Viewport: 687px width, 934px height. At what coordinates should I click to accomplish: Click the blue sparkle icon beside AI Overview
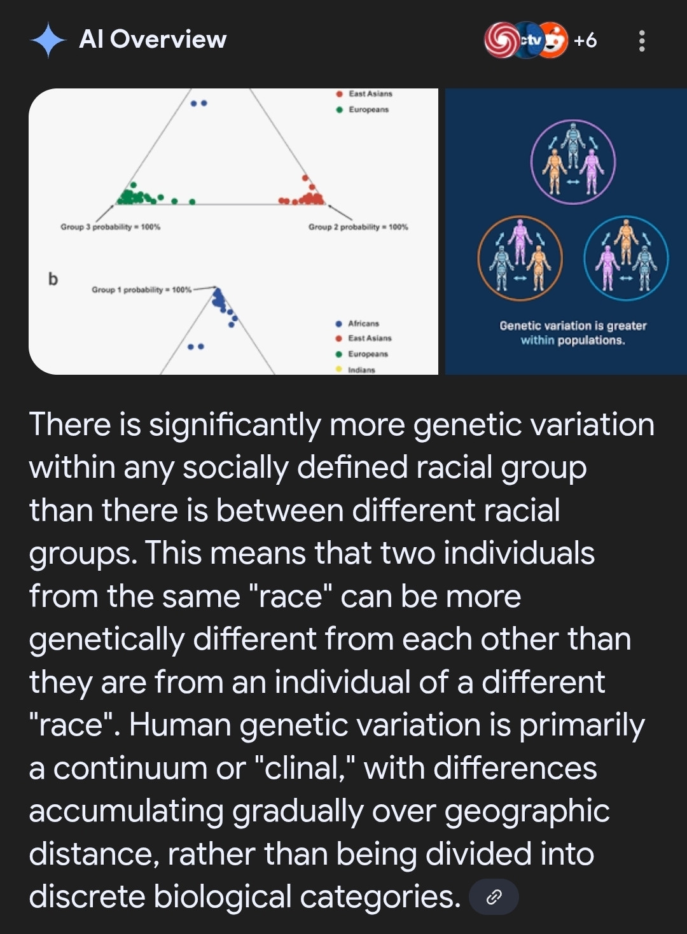coord(48,40)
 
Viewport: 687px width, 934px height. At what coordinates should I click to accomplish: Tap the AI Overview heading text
coord(153,39)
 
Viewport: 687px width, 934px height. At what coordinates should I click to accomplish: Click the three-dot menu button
coord(642,41)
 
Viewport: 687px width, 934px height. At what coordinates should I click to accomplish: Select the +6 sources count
coord(585,41)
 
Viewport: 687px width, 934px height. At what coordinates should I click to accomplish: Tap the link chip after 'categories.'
coord(494,896)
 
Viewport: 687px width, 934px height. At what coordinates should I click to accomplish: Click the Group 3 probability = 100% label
coord(111,227)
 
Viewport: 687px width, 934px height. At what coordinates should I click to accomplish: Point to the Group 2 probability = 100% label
coord(358,227)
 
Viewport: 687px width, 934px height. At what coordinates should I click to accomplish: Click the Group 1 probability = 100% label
coord(142,289)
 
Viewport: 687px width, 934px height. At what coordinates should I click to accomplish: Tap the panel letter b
coord(53,279)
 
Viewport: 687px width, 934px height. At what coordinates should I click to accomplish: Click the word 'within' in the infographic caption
coord(538,340)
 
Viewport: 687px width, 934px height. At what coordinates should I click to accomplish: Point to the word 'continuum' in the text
coord(130,769)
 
